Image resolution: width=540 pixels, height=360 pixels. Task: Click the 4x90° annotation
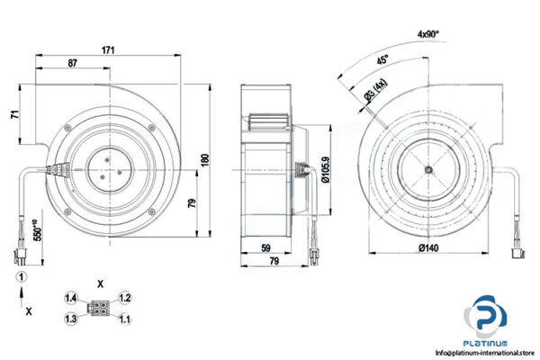[x=434, y=33]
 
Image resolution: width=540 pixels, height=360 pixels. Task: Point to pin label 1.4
[x=71, y=297]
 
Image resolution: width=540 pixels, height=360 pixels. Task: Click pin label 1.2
[x=125, y=297]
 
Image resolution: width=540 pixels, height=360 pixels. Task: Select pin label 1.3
[x=71, y=318]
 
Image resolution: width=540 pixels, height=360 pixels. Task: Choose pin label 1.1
[x=125, y=318]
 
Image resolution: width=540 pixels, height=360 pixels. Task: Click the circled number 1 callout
[x=17, y=276]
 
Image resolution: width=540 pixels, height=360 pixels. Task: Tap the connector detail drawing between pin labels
[x=98, y=307]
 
